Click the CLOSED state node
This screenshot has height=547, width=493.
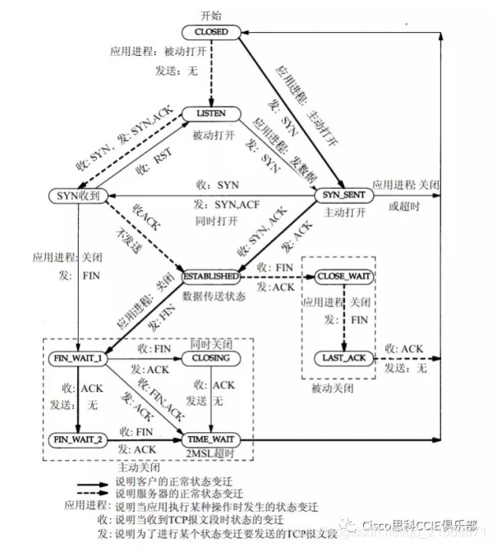[211, 31]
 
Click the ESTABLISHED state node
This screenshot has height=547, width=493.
[211, 277]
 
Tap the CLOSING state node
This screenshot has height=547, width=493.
[211, 359]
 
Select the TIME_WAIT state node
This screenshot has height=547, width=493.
[211, 439]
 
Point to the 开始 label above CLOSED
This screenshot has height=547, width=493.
[211, 15]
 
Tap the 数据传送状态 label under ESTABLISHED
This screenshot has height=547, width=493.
[213, 294]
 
